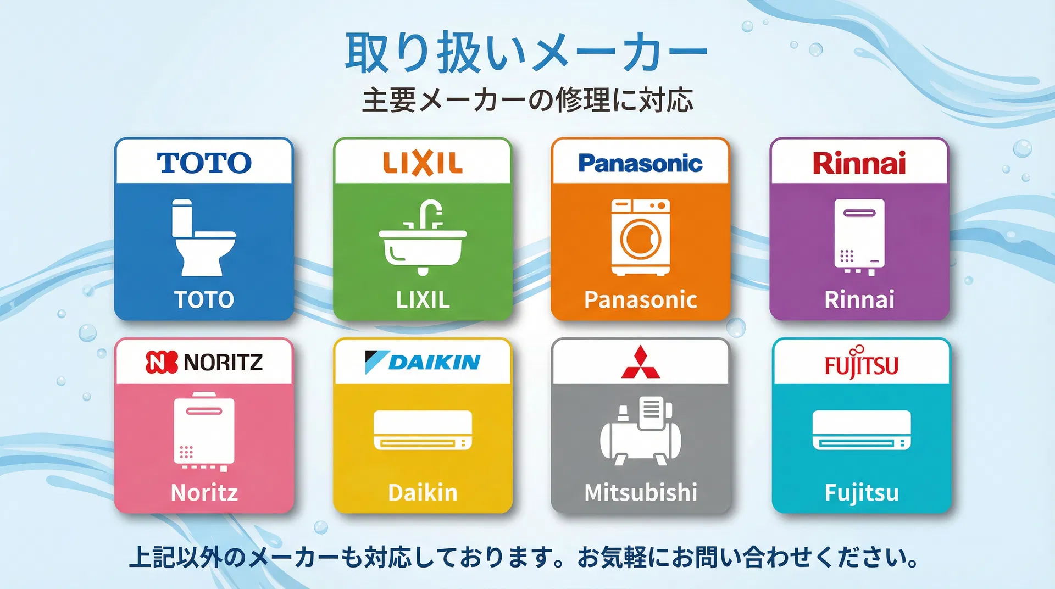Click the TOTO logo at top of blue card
[204, 163]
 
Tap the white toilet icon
[202, 237]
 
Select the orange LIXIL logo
[423, 163]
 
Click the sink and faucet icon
[423, 237]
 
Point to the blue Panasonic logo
[640, 163]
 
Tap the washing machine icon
[641, 237]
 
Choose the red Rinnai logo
[859, 163]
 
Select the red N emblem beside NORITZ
[162, 362]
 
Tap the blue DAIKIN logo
[423, 362]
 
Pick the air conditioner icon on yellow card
[423, 430]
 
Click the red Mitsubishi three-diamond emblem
[641, 363]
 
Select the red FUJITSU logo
[861, 364]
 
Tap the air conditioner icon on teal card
[861, 430]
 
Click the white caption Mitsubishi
[641, 492]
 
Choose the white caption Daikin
[423, 492]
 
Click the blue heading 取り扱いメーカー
[526, 53]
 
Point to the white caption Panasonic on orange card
[641, 300]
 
